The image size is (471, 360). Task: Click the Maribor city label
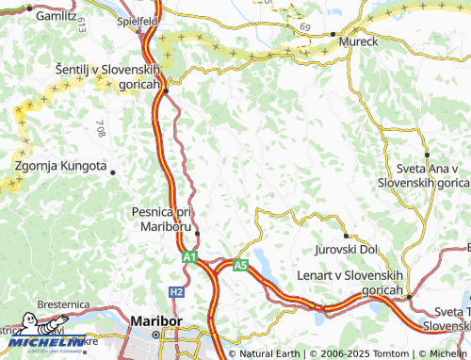(x=155, y=321)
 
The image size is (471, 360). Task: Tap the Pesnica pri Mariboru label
(x=162, y=220)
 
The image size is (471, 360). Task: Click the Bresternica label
(x=65, y=305)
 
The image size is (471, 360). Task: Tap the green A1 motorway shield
(x=189, y=255)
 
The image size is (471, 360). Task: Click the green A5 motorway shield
(x=240, y=266)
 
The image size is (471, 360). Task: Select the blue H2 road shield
(x=176, y=292)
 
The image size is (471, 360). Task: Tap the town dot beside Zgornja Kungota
(x=113, y=172)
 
